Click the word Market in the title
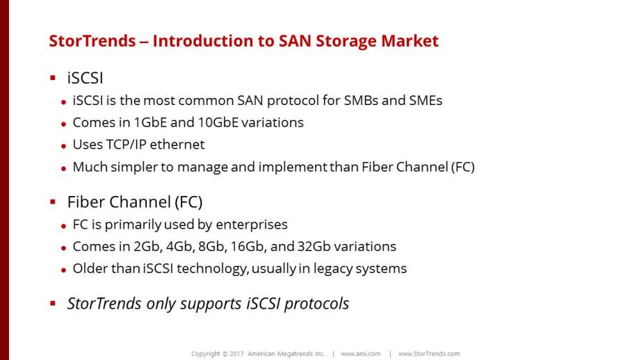409,41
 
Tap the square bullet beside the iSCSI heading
53,78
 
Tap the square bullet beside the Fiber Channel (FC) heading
53,202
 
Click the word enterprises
252,224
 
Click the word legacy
333,269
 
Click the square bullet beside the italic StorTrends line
53,303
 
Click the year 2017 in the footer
236,354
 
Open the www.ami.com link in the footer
361,354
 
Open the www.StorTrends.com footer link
429,354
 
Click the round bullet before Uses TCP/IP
63,146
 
